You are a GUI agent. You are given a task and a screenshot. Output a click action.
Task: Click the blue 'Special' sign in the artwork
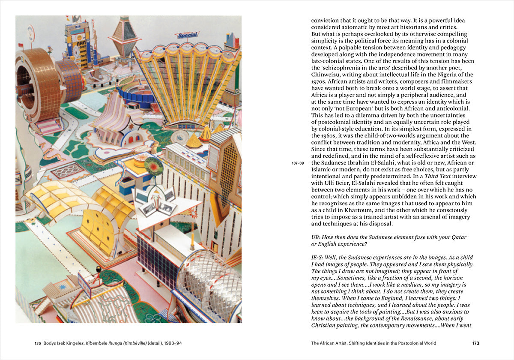click(188, 36)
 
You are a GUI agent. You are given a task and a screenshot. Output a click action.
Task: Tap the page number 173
click(476, 343)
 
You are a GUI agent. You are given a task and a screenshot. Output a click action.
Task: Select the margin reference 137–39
click(298, 163)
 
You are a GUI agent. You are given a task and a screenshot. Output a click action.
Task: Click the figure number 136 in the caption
click(38, 343)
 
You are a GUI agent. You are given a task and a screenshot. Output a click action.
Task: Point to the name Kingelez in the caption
click(71, 343)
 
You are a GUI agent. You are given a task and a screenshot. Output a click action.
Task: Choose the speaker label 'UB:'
click(317, 237)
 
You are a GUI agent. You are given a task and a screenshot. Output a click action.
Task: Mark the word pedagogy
click(451, 48)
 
